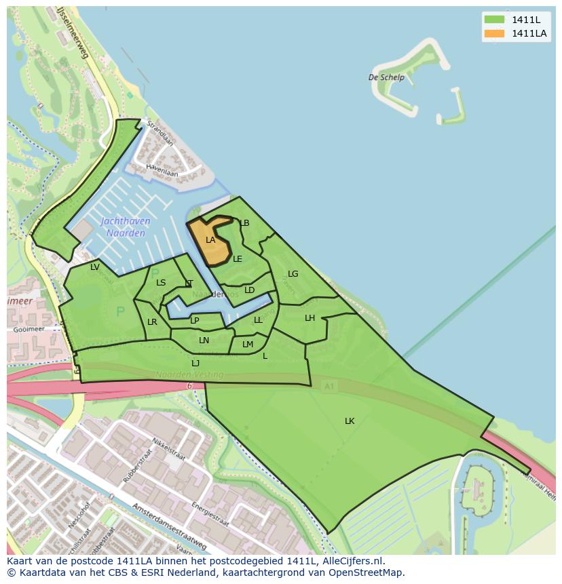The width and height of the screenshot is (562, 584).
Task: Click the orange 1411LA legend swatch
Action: [495, 33]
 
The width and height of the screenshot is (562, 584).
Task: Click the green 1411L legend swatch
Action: [495, 19]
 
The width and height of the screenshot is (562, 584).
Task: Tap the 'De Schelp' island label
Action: [386, 77]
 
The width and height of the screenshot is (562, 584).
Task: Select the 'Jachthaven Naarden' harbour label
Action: [126, 227]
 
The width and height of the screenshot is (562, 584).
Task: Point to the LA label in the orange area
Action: [210, 239]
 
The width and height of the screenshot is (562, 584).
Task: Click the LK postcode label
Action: [350, 421]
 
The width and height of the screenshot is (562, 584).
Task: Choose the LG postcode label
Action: [293, 274]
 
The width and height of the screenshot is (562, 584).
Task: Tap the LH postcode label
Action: [310, 318]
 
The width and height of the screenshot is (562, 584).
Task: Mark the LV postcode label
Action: [95, 267]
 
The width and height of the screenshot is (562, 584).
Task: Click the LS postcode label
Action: [161, 283]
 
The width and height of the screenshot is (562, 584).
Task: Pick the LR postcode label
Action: [152, 322]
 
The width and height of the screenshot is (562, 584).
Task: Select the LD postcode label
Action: [249, 290]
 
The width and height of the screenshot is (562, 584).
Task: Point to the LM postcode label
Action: [248, 345]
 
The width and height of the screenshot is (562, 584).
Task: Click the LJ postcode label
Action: [195, 364]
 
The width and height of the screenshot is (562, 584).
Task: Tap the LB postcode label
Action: [245, 223]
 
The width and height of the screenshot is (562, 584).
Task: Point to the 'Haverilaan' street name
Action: [163, 173]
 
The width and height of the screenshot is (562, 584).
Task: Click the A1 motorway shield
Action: [329, 386]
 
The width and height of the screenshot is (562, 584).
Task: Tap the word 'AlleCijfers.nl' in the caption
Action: [353, 561]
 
